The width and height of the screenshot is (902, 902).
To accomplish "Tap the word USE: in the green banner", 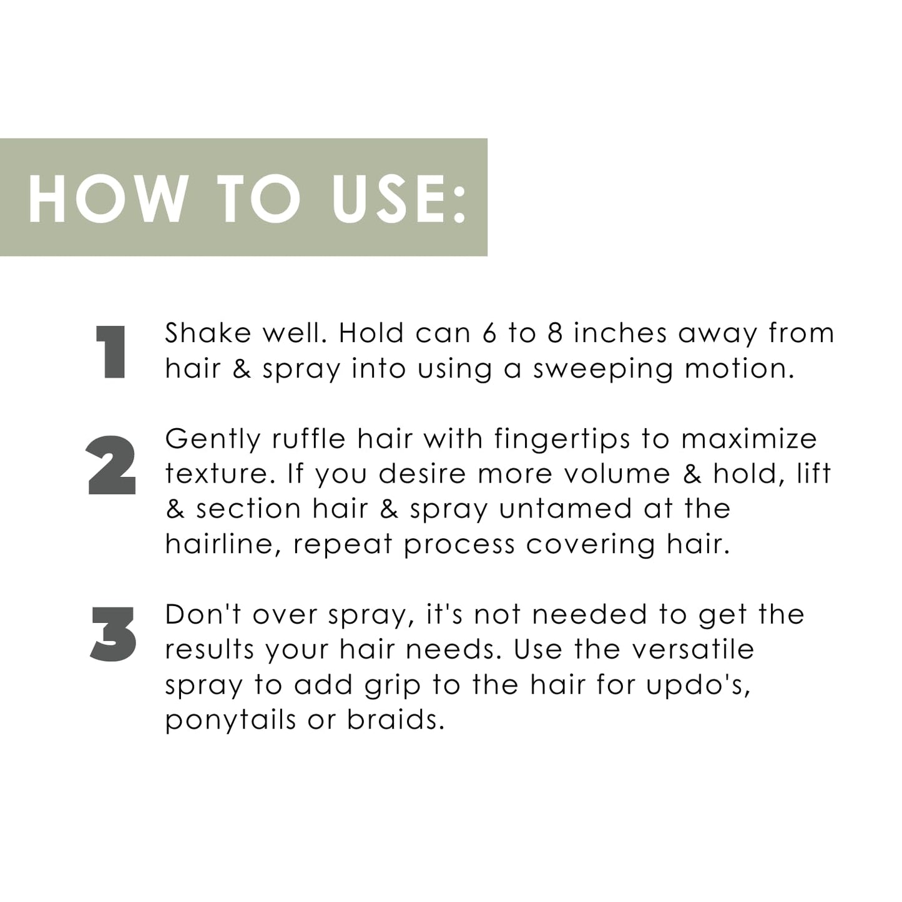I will [x=400, y=199].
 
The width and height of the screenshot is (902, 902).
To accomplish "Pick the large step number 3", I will [x=113, y=634].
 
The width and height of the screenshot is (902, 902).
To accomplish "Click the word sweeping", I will [x=603, y=369].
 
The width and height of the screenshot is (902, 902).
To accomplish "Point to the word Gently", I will [x=213, y=439].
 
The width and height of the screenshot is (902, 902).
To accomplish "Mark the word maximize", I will [x=749, y=439].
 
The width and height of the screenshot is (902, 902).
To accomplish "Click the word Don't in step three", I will [x=203, y=615].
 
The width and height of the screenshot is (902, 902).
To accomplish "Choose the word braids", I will [x=395, y=720].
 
